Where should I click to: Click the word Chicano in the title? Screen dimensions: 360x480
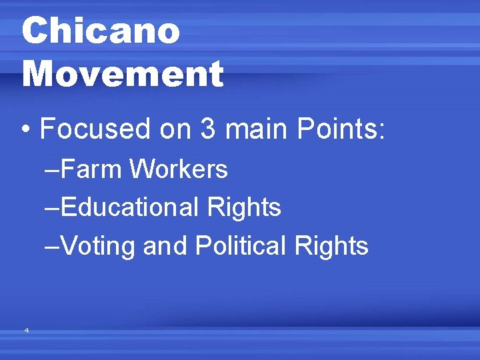point(101,31)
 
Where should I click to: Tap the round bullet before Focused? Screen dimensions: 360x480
point(27,129)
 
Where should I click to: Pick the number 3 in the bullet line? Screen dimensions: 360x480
point(208,128)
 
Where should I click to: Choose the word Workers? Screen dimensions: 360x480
point(179,169)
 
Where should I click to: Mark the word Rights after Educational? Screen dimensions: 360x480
point(244,207)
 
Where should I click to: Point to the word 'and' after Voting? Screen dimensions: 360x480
point(166,246)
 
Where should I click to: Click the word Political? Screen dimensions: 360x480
point(239,246)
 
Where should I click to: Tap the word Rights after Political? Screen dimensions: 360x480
point(331,246)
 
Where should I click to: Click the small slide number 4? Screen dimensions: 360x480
point(26,330)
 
